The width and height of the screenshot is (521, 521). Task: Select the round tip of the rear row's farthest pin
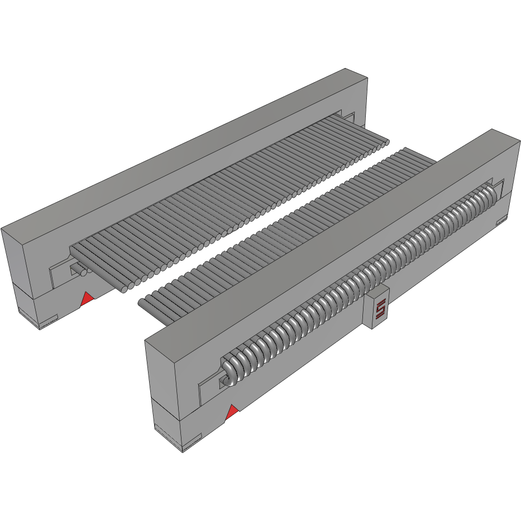386,142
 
